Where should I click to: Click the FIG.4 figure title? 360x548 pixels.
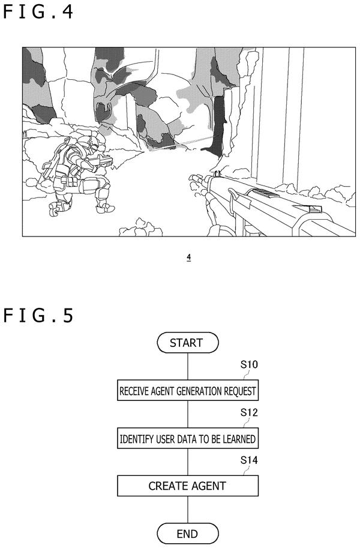tap(38, 11)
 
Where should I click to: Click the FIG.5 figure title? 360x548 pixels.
tap(38, 315)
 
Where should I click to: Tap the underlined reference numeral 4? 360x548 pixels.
tap(189, 257)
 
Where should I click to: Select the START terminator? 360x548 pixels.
tap(188, 343)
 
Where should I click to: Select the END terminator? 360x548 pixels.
tap(188, 534)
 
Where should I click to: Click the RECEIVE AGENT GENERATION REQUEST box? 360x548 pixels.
tap(188, 390)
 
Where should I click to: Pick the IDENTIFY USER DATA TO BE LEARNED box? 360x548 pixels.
tap(188, 438)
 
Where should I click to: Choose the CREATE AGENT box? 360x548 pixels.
tap(188, 486)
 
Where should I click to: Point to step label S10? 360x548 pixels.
tap(249, 365)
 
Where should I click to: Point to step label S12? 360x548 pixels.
tap(249, 413)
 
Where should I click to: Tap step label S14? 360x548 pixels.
tap(249, 460)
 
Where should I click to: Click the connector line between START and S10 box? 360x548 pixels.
tap(188, 366)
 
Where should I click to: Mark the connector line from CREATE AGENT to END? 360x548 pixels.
tap(188, 510)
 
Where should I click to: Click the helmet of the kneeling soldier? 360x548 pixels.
tap(93, 142)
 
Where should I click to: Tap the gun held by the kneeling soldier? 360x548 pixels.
tap(103, 161)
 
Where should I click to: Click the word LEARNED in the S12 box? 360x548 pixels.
tap(239, 439)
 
